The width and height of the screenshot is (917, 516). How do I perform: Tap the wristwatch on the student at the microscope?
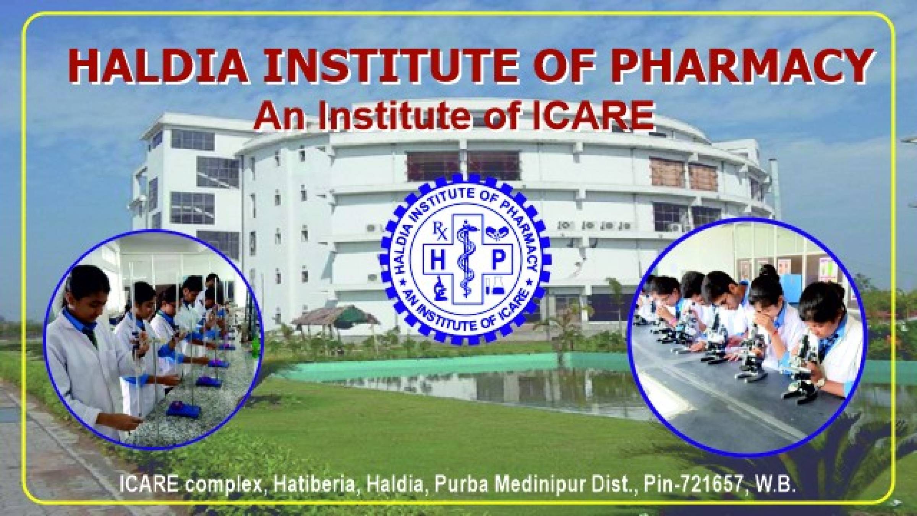click(820, 393)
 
